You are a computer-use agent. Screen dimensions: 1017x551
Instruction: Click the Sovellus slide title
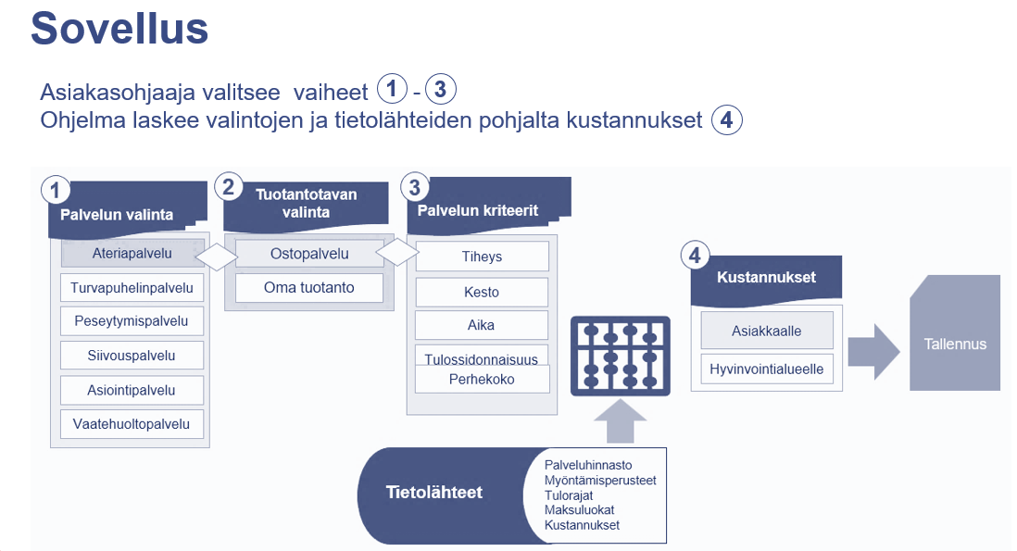tap(119, 29)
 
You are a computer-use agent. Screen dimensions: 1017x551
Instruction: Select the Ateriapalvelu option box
tap(132, 254)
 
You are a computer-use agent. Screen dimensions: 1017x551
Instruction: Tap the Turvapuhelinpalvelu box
tap(132, 288)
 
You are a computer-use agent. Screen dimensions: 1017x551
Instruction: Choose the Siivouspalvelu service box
tap(132, 356)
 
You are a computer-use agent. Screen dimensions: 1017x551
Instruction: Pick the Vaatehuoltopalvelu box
tap(132, 424)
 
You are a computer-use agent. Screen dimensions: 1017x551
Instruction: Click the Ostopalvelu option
tap(309, 254)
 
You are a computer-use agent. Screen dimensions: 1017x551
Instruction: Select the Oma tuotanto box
tap(309, 288)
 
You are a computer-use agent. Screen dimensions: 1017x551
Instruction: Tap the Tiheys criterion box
tap(482, 257)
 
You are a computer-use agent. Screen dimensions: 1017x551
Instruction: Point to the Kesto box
tap(482, 293)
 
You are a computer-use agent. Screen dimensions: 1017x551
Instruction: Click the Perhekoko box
tap(482, 380)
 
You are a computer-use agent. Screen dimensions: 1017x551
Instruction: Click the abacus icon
tap(620, 356)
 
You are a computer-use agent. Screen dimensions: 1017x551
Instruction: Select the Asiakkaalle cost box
tap(767, 331)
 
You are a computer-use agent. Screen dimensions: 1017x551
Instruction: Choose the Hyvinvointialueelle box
tap(767, 369)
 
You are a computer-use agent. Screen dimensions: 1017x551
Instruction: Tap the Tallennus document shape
tap(955, 333)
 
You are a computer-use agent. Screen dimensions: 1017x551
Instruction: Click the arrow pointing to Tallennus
tap(873, 351)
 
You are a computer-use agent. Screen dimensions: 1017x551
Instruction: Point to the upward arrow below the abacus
tap(620, 421)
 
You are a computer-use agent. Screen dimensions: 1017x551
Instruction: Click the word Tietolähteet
tap(433, 493)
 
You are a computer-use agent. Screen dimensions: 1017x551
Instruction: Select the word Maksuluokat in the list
tap(579, 510)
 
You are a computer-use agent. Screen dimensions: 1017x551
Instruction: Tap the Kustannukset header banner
tap(766, 280)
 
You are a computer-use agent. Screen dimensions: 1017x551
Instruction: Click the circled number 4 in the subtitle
tap(727, 120)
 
